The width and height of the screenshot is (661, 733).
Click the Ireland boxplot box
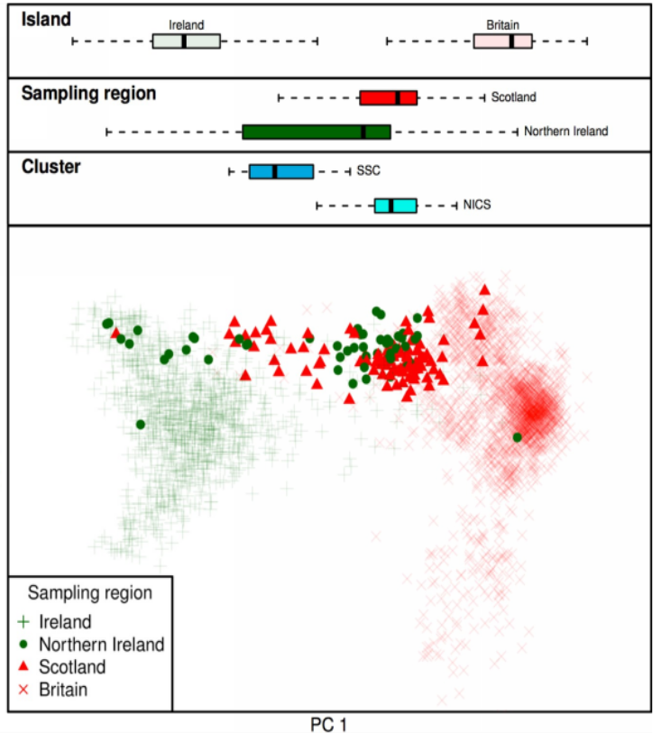187,41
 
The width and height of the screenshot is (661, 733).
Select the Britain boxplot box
502,41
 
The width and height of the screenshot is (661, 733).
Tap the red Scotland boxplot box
388,97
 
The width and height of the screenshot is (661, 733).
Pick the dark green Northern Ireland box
316,132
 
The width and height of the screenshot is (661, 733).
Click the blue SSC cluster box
281,171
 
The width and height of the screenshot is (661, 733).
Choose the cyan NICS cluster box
396,206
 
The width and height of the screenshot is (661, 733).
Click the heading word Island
46,19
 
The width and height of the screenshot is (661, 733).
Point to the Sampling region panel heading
88,93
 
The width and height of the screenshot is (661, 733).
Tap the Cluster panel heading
51,167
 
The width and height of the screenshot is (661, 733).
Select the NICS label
477,206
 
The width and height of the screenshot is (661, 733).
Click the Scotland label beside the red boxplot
514,96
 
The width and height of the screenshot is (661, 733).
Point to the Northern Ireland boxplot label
566,132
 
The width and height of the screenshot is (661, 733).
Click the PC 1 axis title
330,723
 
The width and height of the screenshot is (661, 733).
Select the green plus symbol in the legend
24,621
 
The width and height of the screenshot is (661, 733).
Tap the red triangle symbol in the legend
24,667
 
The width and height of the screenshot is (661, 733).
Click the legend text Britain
63,690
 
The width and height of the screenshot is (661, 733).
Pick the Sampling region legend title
89,593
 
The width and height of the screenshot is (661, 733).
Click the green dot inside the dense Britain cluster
517,437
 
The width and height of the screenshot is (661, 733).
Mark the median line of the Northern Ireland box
363,132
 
